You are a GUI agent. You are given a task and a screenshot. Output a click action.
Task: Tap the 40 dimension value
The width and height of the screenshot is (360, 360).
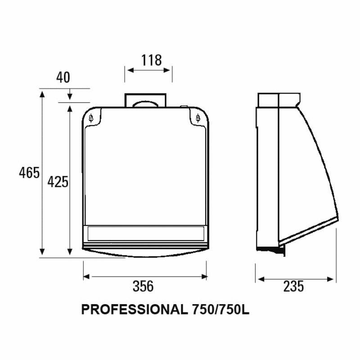pos(63,77)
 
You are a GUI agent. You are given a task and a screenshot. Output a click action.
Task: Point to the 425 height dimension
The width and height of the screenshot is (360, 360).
pos(58,182)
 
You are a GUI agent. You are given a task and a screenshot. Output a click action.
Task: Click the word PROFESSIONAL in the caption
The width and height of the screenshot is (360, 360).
pos(133,310)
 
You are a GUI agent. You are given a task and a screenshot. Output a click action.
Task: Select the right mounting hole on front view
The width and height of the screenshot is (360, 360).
pos(198,118)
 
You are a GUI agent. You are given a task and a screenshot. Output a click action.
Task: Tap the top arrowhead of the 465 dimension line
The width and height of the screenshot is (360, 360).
pos(42,94)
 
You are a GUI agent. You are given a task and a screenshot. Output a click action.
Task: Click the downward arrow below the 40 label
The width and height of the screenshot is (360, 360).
pos(70,96)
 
